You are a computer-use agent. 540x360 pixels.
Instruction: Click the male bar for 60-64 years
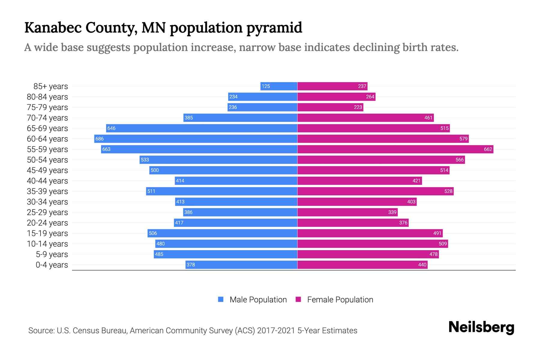(x=196, y=139)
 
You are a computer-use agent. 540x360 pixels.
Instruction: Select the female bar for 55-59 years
(x=395, y=149)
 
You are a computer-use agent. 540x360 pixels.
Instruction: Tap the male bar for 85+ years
(x=279, y=86)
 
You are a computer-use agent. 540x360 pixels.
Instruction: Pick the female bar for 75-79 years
(x=330, y=107)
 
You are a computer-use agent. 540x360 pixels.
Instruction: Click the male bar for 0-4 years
(x=241, y=265)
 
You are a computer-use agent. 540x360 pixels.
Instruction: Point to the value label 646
(x=111, y=128)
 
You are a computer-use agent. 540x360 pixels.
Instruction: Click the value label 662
(x=488, y=149)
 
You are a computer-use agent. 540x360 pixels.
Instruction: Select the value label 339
(x=392, y=212)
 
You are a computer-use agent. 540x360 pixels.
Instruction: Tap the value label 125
(x=265, y=86)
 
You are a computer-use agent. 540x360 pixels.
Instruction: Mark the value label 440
(x=422, y=265)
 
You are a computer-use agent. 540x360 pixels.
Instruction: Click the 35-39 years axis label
(x=47, y=191)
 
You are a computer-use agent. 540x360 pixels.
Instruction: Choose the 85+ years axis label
(x=51, y=86)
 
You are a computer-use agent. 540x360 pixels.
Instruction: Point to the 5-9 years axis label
(x=52, y=254)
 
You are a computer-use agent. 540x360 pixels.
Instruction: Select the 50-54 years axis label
(x=47, y=160)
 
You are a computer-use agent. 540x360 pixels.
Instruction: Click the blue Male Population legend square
(x=221, y=299)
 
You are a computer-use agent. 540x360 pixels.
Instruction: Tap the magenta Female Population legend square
(x=298, y=299)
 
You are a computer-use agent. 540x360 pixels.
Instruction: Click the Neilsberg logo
(x=481, y=327)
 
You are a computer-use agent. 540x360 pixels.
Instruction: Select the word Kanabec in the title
(x=53, y=28)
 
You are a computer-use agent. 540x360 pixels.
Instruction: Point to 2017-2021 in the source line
(x=276, y=331)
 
